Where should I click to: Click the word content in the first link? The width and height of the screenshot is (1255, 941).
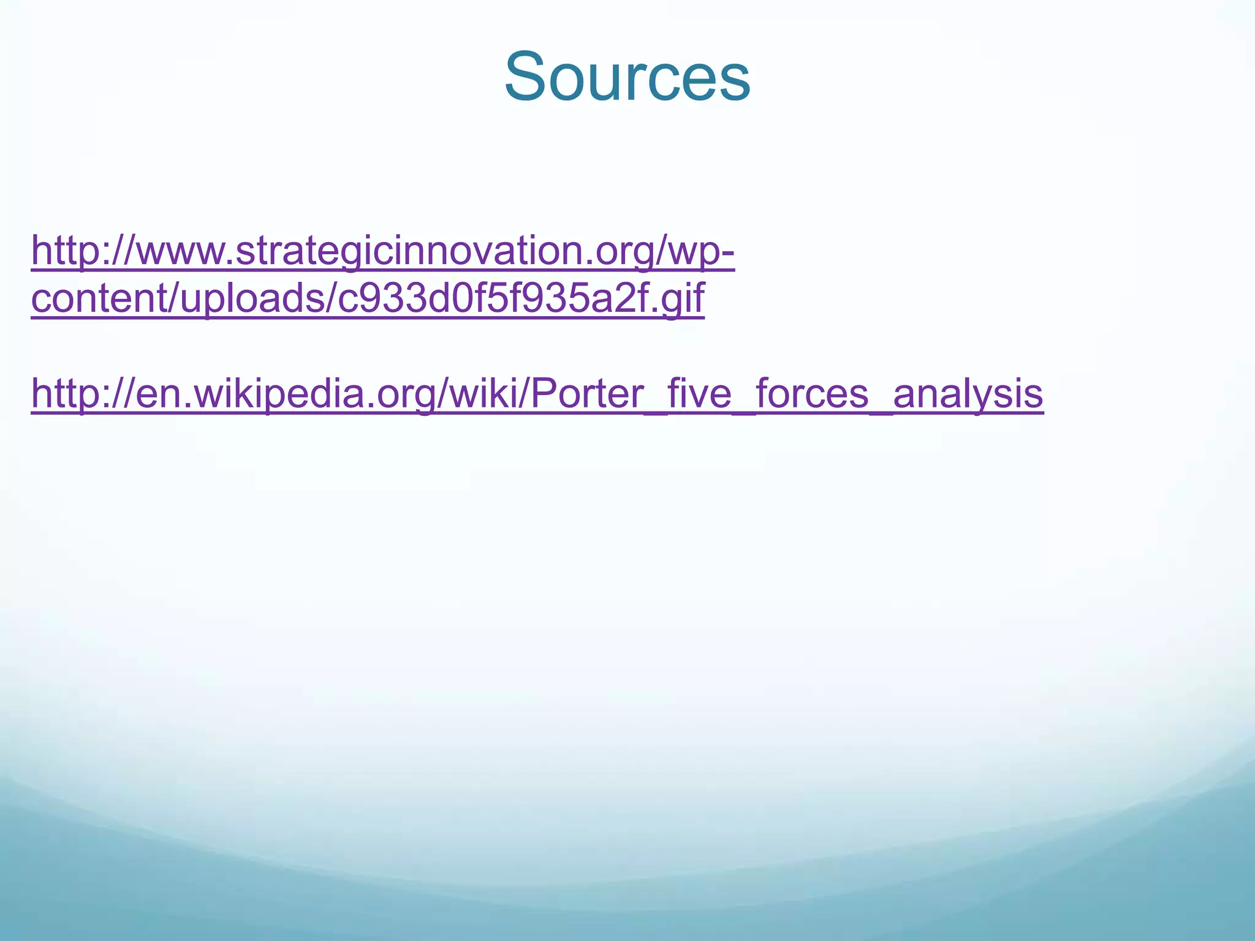pyautogui.click(x=92, y=298)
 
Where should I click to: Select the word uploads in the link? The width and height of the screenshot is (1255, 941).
pyautogui.click(x=245, y=298)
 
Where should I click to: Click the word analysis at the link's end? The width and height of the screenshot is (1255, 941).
pyautogui.click(x=968, y=393)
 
